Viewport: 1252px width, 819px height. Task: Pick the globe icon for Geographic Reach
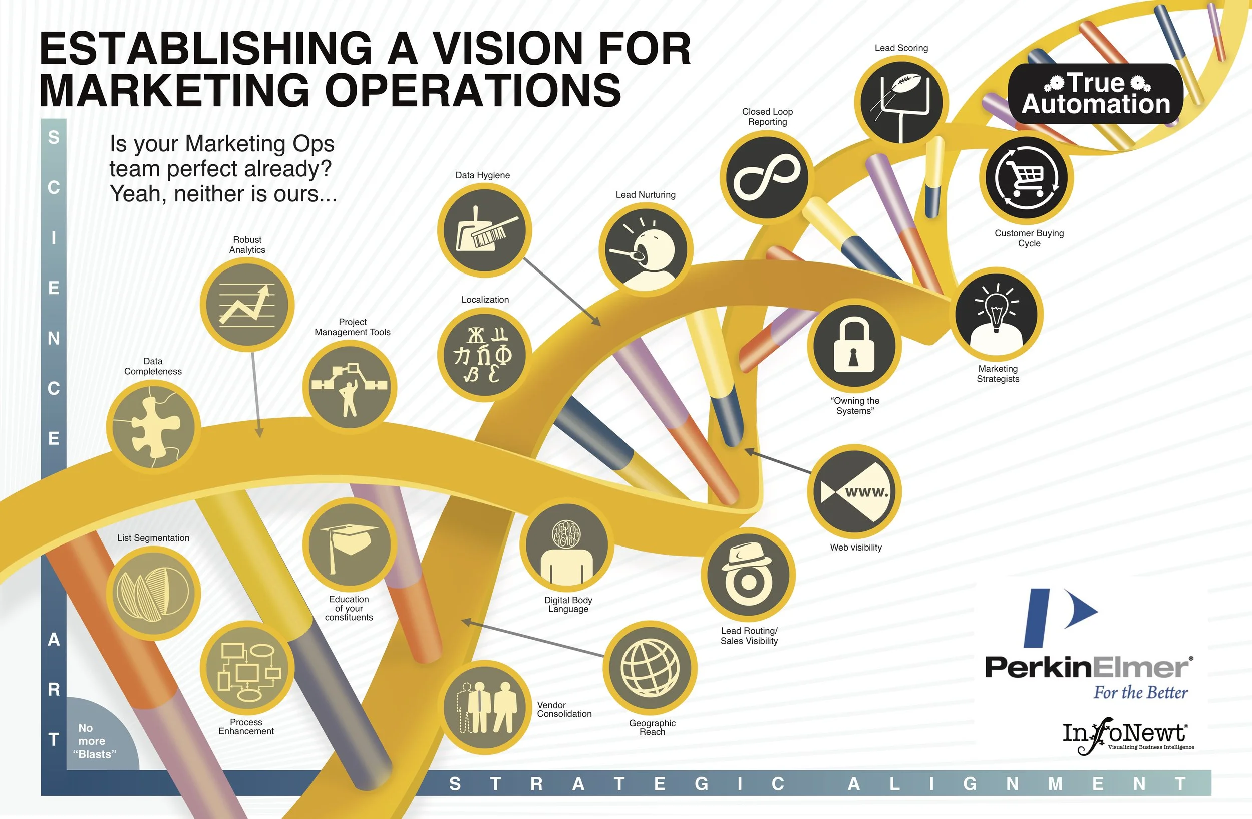[650, 668]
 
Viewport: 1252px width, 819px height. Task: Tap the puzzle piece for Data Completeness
[153, 427]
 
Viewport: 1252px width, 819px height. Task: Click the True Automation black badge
[1095, 94]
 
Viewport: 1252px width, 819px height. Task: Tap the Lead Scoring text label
[901, 48]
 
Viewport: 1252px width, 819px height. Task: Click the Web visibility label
[856, 548]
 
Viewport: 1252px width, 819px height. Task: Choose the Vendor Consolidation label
[564, 710]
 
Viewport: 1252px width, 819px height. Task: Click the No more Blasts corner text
[95, 741]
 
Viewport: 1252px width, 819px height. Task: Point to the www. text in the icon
[866, 492]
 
